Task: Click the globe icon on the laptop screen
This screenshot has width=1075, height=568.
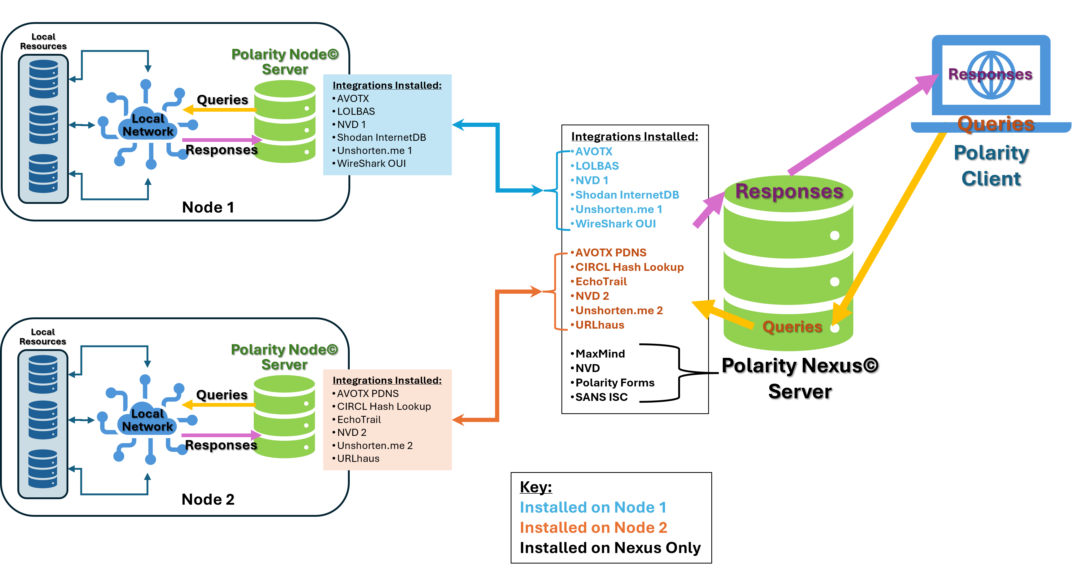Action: (991, 75)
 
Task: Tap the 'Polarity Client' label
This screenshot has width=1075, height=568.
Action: (991, 166)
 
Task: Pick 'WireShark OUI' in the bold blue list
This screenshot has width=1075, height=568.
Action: (616, 224)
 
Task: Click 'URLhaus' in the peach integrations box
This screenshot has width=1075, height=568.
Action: (358, 458)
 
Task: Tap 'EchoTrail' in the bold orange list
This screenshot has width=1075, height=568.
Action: (601, 281)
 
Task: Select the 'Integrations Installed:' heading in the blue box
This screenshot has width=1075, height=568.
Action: (387, 85)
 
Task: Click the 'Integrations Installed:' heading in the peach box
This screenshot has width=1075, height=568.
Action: (387, 380)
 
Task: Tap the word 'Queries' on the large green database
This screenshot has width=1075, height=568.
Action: (792, 327)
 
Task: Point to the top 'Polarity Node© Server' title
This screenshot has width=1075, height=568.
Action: (285, 61)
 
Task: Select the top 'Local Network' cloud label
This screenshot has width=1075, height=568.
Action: (148, 125)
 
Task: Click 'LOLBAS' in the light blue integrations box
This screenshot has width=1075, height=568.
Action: (356, 111)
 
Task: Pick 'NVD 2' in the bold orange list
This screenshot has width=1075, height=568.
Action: (592, 296)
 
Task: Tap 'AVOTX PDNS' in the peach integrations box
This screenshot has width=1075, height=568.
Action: (368, 393)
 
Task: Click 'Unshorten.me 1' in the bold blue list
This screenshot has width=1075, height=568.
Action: (618, 209)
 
